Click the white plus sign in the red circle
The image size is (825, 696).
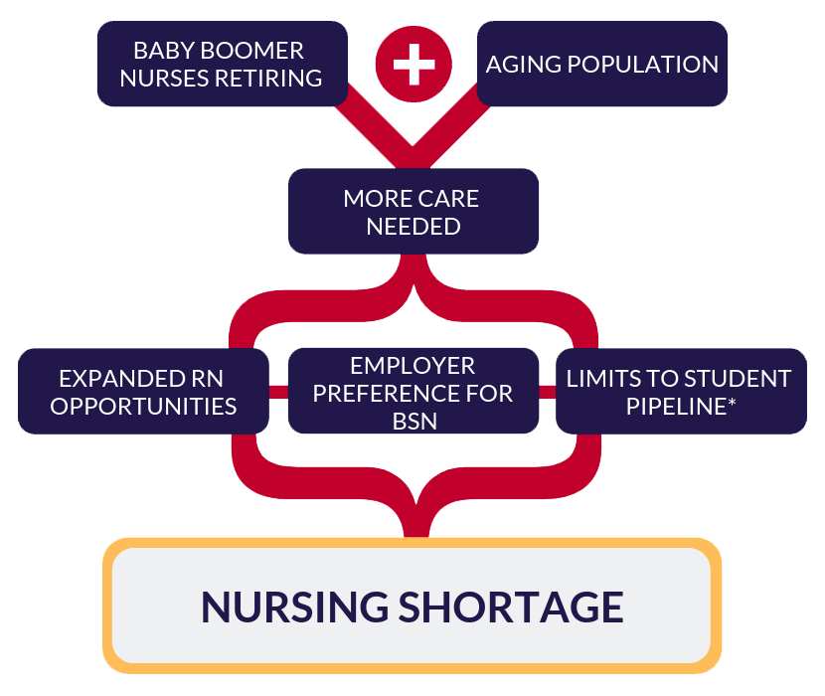point(413,64)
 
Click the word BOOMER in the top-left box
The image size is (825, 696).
point(252,51)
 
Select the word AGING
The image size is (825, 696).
point(523,65)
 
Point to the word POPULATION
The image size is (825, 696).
point(643,65)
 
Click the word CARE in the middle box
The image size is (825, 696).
point(448,199)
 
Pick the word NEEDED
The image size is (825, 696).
point(413,227)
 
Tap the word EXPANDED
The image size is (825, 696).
point(118,379)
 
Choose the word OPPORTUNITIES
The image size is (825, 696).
point(144,407)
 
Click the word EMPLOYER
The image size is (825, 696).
point(413,366)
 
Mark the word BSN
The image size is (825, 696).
point(414,422)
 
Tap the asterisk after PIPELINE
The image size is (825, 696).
point(732,403)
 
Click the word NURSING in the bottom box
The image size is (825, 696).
point(295,608)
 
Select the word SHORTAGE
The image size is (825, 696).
point(511,608)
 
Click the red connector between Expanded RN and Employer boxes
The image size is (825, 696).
point(278,392)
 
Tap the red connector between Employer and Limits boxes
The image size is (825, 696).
point(548,392)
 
